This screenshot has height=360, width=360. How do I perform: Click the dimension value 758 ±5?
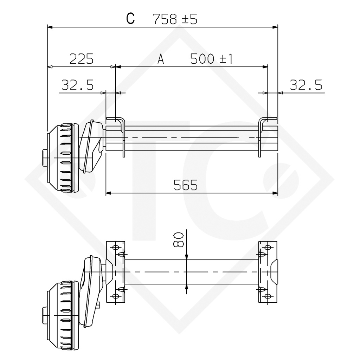click(175, 19)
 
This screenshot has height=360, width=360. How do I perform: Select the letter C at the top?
click(131, 19)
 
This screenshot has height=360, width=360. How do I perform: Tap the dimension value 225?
click(81, 59)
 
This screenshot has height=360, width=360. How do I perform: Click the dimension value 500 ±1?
click(211, 59)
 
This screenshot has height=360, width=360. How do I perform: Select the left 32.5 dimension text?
click(77, 85)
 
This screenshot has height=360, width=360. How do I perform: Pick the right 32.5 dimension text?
click(306, 85)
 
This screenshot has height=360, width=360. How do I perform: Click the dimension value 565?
click(185, 185)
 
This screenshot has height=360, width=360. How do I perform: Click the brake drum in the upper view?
click(62, 158)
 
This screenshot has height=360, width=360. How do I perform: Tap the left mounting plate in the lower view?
click(115, 272)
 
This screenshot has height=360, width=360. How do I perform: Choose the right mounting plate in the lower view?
click(269, 272)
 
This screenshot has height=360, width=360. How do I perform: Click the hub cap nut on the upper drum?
click(44, 158)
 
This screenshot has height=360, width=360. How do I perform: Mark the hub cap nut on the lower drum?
click(44, 315)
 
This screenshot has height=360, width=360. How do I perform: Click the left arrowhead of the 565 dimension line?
click(109, 193)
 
